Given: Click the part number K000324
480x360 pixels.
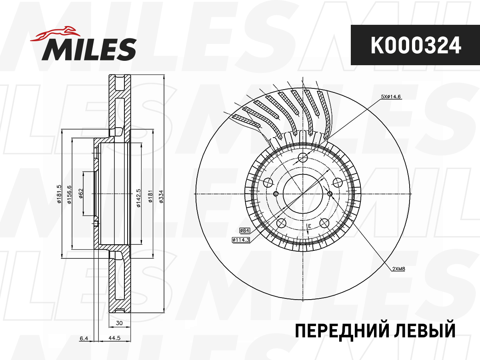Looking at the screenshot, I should [415, 45].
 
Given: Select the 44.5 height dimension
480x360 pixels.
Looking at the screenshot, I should [115, 338].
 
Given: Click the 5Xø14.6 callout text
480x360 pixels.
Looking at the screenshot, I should [391, 96].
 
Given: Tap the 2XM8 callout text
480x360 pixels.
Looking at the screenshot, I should [399, 269].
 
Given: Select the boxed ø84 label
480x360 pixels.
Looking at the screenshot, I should [244, 230].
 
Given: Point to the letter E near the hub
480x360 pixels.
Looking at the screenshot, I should [309, 227].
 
